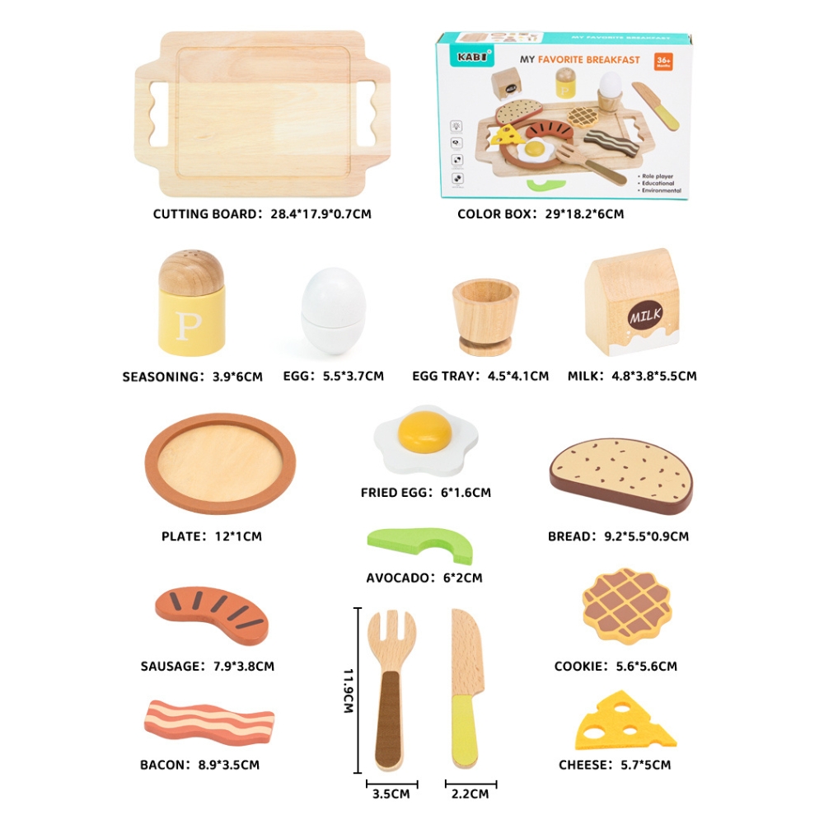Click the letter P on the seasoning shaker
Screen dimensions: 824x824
pyautogui.click(x=188, y=325)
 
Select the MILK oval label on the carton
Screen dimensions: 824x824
pyautogui.click(x=645, y=316)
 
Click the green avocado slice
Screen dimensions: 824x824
pyautogui.click(x=420, y=544)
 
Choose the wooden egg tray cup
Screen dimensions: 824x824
pyautogui.click(x=485, y=317)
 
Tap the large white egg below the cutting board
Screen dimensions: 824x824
pyautogui.click(x=333, y=311)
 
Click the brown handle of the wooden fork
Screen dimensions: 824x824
pyautogui.click(x=390, y=720)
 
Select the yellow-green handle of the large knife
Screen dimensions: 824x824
pyautogui.click(x=465, y=730)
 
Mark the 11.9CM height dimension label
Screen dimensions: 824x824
pyautogui.click(x=348, y=691)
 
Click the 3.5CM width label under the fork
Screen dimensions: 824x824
pyautogui.click(x=391, y=794)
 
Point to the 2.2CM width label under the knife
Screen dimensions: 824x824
pyautogui.click(x=470, y=794)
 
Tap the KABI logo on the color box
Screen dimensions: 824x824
pyautogui.click(x=471, y=57)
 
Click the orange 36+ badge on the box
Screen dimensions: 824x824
pyautogui.click(x=663, y=61)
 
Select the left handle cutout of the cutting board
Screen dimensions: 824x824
pyautogui.click(x=158, y=114)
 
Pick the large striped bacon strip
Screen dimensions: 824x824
pyautogui.click(x=208, y=722)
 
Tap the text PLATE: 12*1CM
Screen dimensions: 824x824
pyautogui.click(x=211, y=536)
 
